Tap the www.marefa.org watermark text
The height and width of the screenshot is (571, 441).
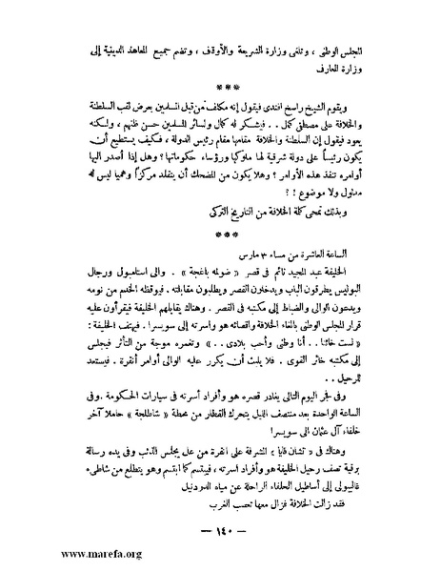tap(56, 554)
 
